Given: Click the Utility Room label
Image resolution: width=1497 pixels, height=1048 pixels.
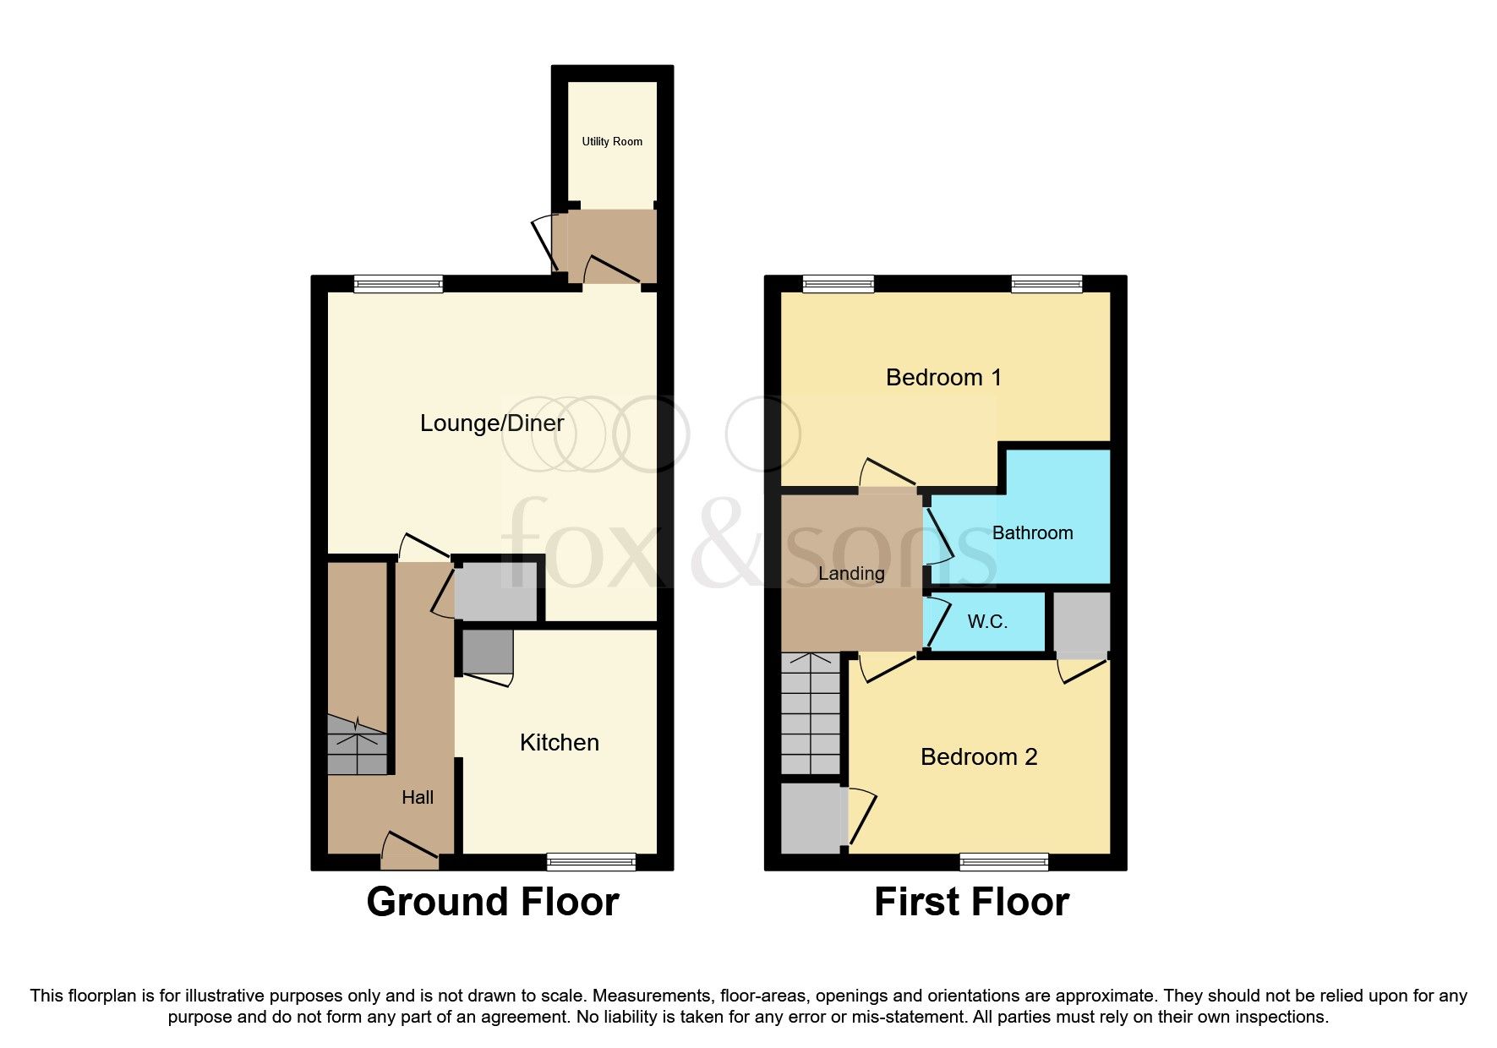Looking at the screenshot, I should point(612,142).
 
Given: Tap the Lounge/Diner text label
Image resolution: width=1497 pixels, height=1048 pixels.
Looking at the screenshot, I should point(492,423).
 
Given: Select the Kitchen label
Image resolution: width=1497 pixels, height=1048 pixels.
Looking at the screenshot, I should point(559,743).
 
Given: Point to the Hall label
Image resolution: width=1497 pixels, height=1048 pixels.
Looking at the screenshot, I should point(418,798).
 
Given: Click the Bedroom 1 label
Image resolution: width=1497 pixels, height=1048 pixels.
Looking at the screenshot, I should point(943,378).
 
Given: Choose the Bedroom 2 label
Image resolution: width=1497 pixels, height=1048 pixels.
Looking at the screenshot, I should point(979,757).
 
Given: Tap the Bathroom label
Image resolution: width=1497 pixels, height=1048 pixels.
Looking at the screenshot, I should point(1032,533).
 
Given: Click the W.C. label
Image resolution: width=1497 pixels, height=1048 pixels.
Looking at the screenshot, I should point(987,622).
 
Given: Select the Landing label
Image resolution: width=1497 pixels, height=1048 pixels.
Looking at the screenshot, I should point(851,574).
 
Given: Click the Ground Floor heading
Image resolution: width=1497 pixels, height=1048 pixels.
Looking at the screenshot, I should point(493,902).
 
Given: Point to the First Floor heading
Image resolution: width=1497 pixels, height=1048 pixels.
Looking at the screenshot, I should point(971,902).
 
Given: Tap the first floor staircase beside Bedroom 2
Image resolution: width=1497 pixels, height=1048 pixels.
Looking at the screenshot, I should point(810,713).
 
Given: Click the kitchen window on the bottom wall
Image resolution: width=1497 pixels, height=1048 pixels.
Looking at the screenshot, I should point(591,862).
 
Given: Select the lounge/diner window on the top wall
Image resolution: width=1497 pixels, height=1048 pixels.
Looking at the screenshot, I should point(398,285).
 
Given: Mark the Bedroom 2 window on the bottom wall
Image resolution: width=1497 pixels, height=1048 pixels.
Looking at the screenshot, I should point(1004,862).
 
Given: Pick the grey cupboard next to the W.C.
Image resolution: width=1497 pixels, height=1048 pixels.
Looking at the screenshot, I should point(1081,624).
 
